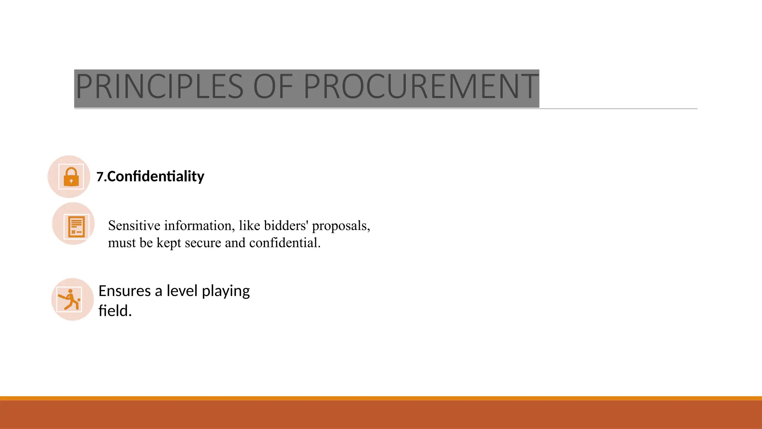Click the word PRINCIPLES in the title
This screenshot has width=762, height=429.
pyautogui.click(x=159, y=87)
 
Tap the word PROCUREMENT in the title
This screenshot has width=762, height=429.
pyautogui.click(x=421, y=87)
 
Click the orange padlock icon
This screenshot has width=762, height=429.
pyautogui.click(x=71, y=177)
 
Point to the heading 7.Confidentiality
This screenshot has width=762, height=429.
pyautogui.click(x=150, y=177)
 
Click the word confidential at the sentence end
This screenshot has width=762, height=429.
pyautogui.click(x=285, y=243)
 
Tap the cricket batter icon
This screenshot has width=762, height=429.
pyautogui.click(x=70, y=299)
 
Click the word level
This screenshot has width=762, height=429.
pyautogui.click(x=182, y=291)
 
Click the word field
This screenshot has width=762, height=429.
pyautogui.click(x=115, y=311)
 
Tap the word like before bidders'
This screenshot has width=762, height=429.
pyautogui.click(x=249, y=226)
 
